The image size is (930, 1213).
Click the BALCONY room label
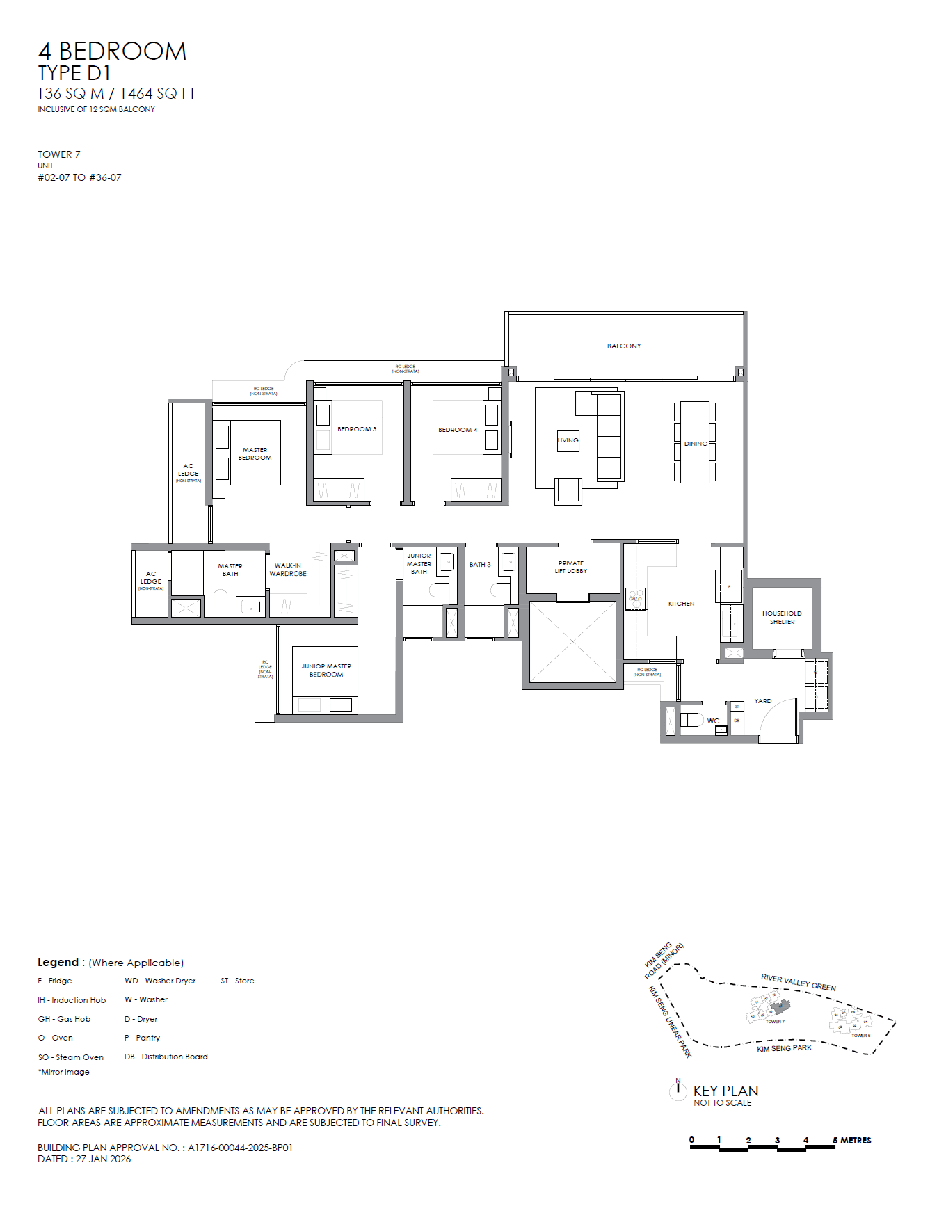pos(624,346)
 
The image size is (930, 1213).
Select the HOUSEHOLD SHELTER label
pos(782,618)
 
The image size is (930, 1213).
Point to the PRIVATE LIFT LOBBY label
pos(570,567)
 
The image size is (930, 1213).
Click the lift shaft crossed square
pos(572,642)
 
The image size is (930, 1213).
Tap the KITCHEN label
pos(681,604)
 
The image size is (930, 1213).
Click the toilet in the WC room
pos(690,720)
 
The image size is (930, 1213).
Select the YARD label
pos(763,701)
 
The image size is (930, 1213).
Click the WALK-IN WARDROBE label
pos(288,570)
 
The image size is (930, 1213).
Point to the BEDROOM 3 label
pos(357,429)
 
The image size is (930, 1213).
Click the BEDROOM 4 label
pos(458,430)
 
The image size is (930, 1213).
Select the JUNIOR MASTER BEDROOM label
pos(326,670)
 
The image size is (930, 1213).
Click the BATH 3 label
pos(480,565)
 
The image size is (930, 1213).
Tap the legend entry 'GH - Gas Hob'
pos(64,1019)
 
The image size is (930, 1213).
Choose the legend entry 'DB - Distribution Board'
pos(166,1057)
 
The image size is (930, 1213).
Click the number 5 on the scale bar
pos(835,1140)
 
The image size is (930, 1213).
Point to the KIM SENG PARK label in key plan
pos(784,1048)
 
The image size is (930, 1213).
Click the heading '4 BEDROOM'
pos(112,51)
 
